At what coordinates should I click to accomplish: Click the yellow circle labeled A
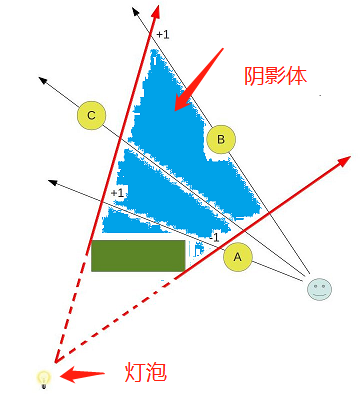(x=237, y=257)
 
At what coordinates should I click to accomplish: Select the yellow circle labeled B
(x=221, y=141)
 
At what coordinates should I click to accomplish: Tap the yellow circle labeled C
(x=91, y=117)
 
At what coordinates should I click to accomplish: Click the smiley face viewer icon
(x=319, y=289)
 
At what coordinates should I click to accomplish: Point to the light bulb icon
(x=43, y=378)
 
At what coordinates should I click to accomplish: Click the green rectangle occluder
(x=138, y=255)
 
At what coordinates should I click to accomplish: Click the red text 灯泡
(x=144, y=374)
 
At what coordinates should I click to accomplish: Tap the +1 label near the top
(x=162, y=36)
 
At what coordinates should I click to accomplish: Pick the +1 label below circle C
(x=117, y=192)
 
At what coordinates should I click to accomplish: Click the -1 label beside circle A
(x=212, y=237)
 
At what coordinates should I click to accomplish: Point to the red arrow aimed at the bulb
(x=84, y=376)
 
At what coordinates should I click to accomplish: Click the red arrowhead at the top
(x=157, y=10)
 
